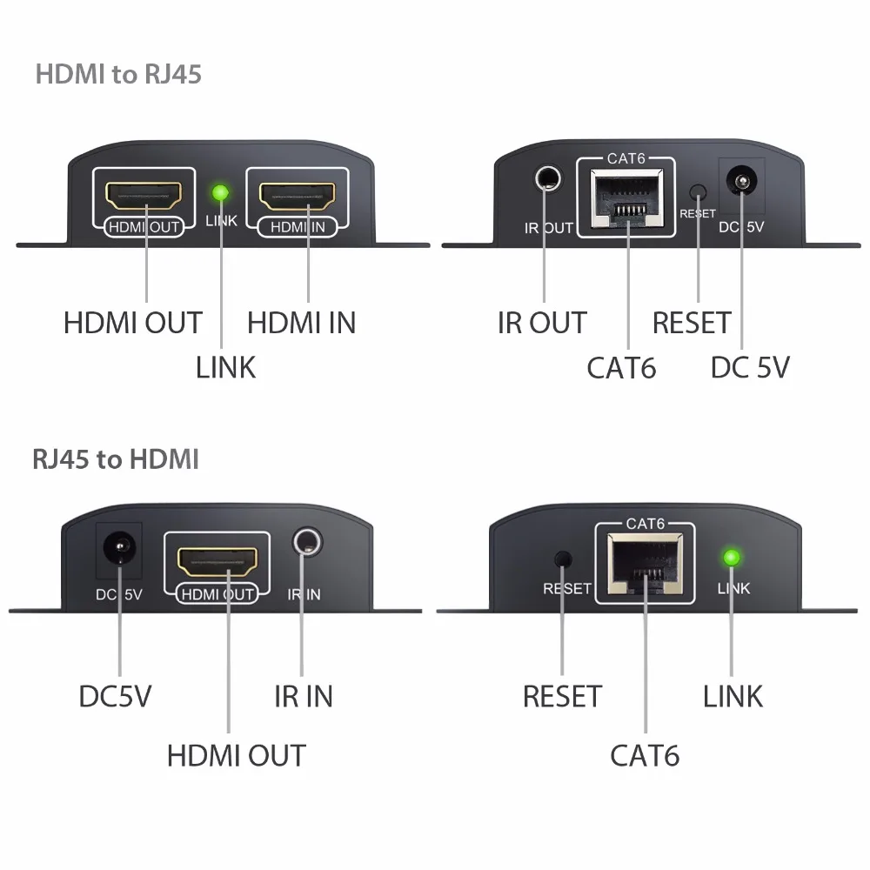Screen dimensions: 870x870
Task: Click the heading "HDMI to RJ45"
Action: click(x=118, y=74)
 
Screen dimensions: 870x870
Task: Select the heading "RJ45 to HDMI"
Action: click(x=116, y=458)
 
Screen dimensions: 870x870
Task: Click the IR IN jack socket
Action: click(x=306, y=543)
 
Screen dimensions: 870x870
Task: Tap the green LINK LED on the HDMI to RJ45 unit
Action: click(x=221, y=192)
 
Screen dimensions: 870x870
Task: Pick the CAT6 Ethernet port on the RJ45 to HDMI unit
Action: click(x=645, y=565)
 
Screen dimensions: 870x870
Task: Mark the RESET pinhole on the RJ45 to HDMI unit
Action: click(x=563, y=558)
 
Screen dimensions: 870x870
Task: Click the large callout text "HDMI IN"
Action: click(x=301, y=323)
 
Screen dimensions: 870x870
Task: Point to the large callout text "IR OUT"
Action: click(x=542, y=323)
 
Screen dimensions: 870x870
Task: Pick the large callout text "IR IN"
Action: click(x=303, y=696)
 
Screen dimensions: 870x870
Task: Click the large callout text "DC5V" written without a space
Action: click(x=116, y=696)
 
